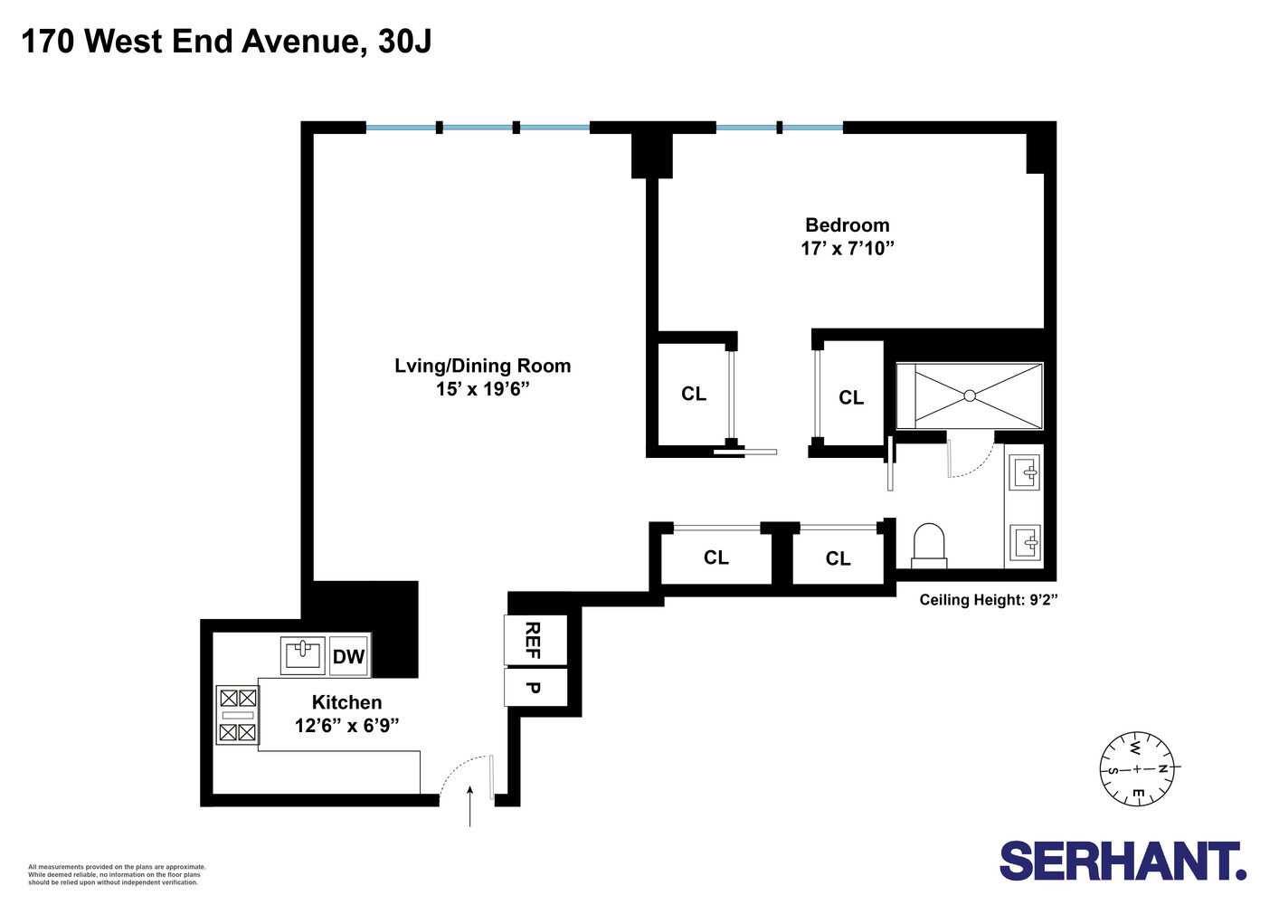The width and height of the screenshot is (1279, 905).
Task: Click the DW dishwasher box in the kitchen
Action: click(x=348, y=657)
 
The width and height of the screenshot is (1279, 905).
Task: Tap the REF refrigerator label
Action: click(x=534, y=640)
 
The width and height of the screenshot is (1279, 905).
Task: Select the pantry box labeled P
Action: click(x=534, y=688)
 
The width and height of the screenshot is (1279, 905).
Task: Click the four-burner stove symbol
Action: click(x=238, y=715)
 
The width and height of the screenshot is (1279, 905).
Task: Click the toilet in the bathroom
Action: click(x=929, y=547)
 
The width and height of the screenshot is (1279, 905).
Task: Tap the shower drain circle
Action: click(x=970, y=395)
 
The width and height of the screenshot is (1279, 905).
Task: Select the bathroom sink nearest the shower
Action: click(x=1026, y=472)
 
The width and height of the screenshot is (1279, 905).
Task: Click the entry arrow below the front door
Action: click(x=470, y=805)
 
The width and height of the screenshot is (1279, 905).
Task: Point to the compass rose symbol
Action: click(x=1137, y=768)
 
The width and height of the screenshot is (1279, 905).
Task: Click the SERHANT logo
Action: click(x=1123, y=861)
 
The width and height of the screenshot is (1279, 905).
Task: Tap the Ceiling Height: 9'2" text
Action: click(x=989, y=600)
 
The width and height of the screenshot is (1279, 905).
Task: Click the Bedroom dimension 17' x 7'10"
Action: click(x=848, y=248)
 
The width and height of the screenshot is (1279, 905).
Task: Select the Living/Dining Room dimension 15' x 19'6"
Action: click(x=482, y=389)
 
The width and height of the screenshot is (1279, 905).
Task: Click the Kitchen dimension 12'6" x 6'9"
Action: click(x=346, y=726)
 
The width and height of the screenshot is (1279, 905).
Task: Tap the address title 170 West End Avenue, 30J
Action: click(x=226, y=42)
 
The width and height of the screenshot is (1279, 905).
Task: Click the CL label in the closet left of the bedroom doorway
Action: click(x=694, y=394)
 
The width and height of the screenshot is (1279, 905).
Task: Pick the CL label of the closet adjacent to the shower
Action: click(x=851, y=397)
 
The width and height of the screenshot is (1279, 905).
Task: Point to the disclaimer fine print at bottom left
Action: click(x=117, y=874)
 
